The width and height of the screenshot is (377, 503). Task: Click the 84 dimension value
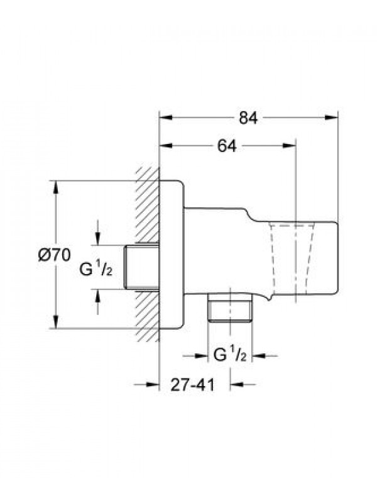point(248,118)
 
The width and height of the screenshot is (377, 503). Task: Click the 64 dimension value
point(227,146)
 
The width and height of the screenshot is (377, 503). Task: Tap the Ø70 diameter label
point(54,255)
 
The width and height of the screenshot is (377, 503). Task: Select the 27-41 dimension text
point(192,385)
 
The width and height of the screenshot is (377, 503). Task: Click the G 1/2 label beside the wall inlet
point(96,270)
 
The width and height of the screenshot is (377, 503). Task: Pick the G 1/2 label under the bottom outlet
point(230,355)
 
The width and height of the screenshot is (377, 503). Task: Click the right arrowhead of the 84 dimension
point(332,118)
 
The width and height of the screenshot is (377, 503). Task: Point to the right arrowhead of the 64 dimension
point(288,146)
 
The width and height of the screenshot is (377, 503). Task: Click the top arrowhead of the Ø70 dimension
point(56,187)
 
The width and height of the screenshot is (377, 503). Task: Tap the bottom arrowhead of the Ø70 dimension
point(56,322)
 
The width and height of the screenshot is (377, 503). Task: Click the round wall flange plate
point(172,255)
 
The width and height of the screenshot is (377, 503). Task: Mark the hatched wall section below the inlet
point(148,316)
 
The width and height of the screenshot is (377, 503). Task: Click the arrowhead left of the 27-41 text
point(153,384)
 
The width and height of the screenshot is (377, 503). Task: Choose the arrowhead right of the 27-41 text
point(237,384)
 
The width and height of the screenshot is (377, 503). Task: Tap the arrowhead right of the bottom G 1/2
point(259,355)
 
